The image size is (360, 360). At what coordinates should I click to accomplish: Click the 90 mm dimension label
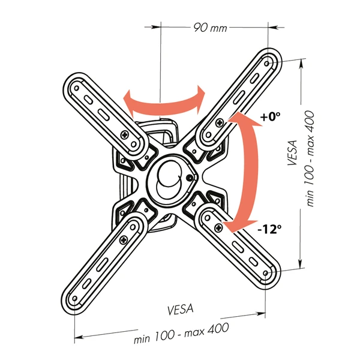coord(210,28)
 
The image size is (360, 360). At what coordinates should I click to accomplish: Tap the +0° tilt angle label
coord(270,116)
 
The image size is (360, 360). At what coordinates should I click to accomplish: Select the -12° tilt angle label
coord(269,229)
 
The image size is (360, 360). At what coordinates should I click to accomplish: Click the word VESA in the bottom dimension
coord(181,309)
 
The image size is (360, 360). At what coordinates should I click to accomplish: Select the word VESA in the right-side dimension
coord(292,152)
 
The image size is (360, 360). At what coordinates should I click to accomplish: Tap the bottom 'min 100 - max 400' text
coord(181,332)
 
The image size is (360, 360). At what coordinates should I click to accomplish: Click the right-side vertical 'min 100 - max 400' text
coord(310,158)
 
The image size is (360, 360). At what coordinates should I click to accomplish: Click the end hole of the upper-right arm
coord(267,64)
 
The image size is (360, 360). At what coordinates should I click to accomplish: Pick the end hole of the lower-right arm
coord(266,273)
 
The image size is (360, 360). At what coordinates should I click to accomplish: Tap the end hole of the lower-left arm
coord(74,298)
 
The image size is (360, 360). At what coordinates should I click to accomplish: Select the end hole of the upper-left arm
coord(77,88)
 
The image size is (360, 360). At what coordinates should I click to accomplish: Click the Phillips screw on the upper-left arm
coord(125,134)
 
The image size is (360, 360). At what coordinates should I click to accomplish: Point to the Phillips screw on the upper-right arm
coord(220,122)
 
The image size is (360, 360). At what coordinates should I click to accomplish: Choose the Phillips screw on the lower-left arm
coord(124,240)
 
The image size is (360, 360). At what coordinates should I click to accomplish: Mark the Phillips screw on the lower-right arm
coord(218,227)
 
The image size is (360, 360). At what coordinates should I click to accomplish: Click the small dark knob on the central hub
coord(190,178)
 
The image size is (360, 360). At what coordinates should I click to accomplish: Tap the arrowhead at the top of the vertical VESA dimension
coord(301,63)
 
